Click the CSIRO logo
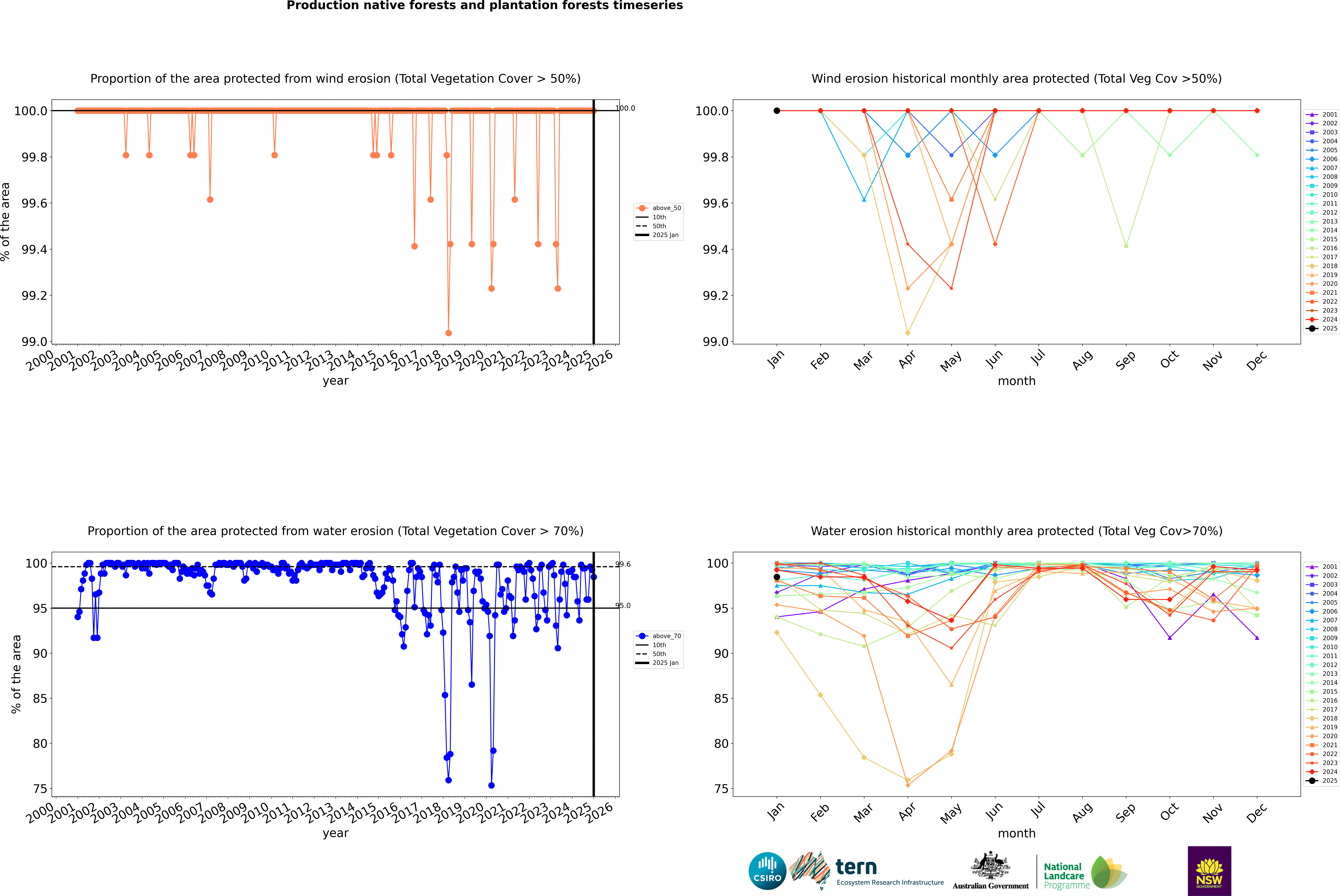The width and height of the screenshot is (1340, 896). click(x=767, y=871)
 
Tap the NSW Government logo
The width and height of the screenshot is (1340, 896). click(x=1209, y=871)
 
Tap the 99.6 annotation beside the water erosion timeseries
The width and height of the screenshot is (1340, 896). click(x=623, y=564)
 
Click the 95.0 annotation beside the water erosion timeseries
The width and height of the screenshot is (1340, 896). click(x=623, y=606)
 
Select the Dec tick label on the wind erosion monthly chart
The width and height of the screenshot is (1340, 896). click(x=1257, y=361)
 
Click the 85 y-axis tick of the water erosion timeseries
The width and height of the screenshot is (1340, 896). click(x=40, y=698)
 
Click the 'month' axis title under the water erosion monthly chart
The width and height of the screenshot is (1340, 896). click(x=1017, y=833)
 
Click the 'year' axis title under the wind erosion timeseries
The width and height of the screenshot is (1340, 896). click(x=335, y=381)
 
